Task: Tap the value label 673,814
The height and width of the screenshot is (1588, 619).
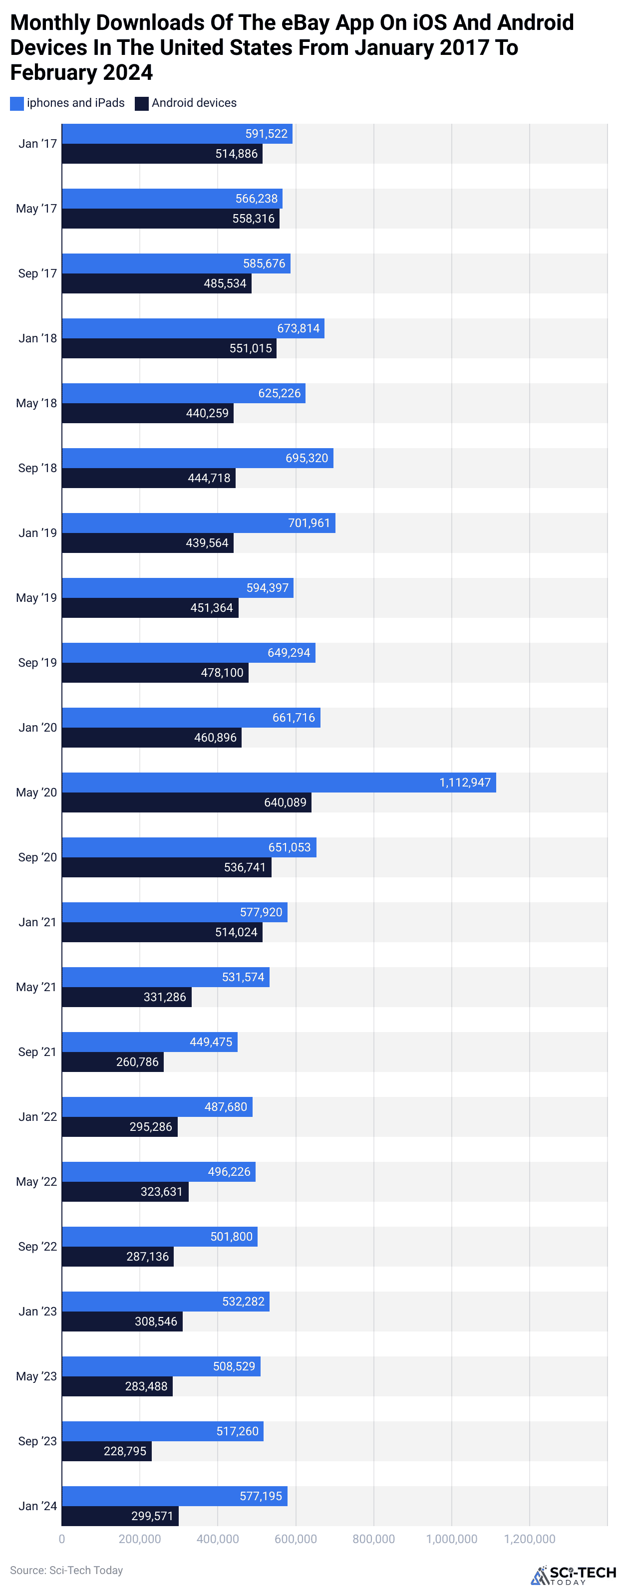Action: point(299,328)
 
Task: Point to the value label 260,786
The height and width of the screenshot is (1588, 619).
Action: point(137,1061)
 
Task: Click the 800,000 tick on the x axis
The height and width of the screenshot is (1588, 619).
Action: point(373,1539)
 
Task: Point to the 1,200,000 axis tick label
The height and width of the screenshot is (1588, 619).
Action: point(530,1539)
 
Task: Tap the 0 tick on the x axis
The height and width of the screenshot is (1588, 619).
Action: point(62,1539)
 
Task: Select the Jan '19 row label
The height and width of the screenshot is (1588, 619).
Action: point(37,532)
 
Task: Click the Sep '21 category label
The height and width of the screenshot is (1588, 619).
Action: point(37,1052)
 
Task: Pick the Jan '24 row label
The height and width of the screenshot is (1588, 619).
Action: point(37,1506)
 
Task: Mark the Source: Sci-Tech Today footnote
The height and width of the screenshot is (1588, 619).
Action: point(66,1570)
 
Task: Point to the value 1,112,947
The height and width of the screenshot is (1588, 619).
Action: point(465,783)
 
